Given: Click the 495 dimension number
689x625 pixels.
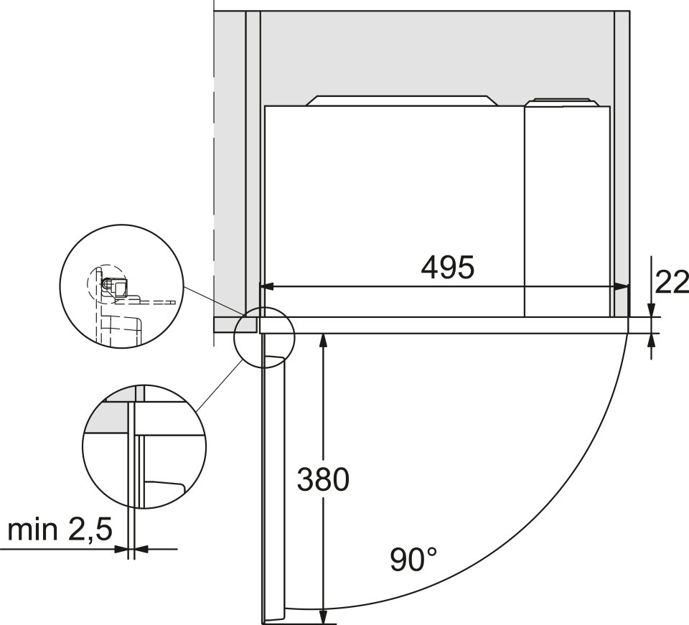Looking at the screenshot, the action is coord(448,267).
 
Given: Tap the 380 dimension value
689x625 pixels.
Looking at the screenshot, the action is coord(323,479).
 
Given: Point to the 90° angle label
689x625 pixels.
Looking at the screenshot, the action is coord(413,559).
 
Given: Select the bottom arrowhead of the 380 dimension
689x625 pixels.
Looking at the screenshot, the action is coord(323,615).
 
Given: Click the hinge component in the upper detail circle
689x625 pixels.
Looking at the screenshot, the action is coord(115,286).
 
